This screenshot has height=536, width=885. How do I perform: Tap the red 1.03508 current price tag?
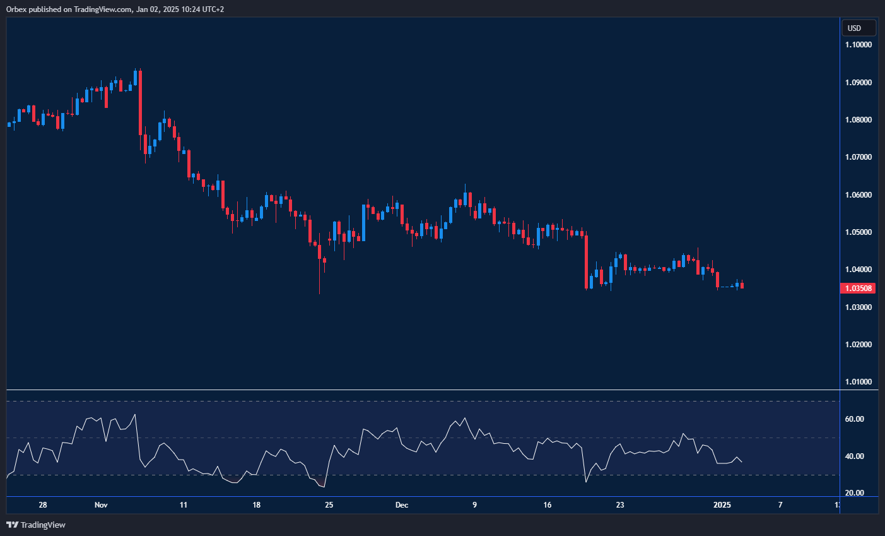pos(859,289)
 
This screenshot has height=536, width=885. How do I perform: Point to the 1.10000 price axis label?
pos(859,45)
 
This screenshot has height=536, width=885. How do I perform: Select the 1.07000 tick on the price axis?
pos(859,157)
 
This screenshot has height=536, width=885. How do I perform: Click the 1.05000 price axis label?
pos(859,232)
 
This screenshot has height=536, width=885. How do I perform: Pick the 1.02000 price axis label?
pos(859,345)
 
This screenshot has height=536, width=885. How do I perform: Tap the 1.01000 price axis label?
pos(859,382)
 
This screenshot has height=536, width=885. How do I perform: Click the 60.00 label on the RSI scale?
pos(854,419)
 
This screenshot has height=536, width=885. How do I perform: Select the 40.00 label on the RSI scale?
pos(854,456)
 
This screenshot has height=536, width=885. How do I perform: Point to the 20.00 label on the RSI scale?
pos(854,493)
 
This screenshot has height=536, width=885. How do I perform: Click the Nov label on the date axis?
pos(101,505)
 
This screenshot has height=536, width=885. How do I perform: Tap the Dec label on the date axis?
pos(402,505)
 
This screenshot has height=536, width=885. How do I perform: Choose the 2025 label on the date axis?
pos(722,505)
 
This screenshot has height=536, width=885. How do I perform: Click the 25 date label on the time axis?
pos(329,505)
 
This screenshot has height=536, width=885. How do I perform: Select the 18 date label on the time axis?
pos(256,505)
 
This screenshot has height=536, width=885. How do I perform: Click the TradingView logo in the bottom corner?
pos(36,525)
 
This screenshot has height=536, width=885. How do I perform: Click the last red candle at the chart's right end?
pos(742,285)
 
